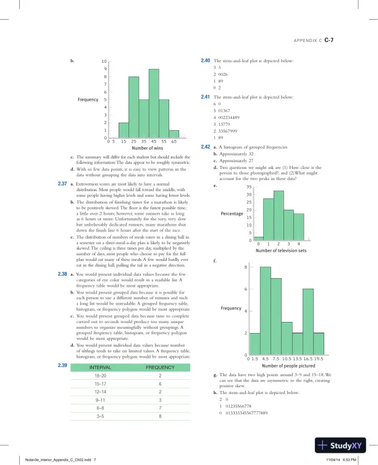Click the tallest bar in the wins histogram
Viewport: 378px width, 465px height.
[154, 104]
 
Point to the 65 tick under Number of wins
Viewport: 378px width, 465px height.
[174, 142]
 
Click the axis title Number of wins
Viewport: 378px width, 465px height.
[147, 149]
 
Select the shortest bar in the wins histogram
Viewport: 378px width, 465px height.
[174, 134]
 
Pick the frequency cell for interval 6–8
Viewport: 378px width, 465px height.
[160, 408]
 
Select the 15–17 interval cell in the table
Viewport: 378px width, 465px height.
[100, 384]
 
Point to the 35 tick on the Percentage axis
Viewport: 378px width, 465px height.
[249, 187]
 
